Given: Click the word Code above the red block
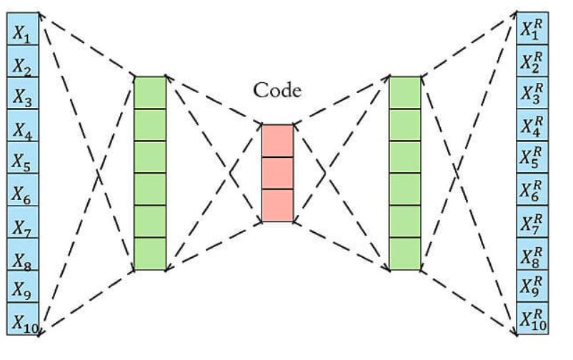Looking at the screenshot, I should click(x=278, y=91).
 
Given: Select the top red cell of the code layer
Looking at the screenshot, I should click(x=277, y=140).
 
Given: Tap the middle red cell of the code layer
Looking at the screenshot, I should click(x=277, y=173).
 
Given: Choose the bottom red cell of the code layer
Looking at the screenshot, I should click(x=277, y=205).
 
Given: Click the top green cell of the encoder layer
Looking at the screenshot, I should click(x=150, y=92).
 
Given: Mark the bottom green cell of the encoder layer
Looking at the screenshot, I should click(x=150, y=254).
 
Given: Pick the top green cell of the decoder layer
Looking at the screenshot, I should click(x=405, y=92).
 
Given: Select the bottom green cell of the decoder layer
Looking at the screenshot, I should click(x=405, y=254).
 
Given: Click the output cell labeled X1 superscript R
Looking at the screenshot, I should click(x=532, y=29).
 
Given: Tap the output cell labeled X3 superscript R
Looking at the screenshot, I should click(x=532, y=94).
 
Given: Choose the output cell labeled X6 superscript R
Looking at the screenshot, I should click(x=532, y=190).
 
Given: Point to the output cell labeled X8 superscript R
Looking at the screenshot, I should click(x=532, y=254).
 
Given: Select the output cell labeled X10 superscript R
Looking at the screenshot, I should click(x=532, y=319).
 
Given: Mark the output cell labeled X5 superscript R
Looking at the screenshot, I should click(x=532, y=158).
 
